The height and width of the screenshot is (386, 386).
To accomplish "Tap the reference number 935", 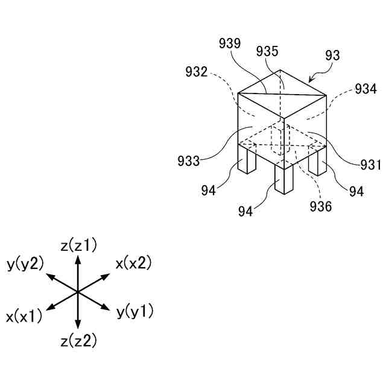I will [267, 51].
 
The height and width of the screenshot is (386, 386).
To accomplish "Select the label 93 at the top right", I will [333, 55].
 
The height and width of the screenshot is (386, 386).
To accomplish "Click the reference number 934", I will [365, 89].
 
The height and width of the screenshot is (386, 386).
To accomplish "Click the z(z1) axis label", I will [78, 245].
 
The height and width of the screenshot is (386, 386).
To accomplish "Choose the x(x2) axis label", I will [133, 263].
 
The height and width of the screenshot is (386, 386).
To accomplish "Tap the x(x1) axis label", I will [24, 316].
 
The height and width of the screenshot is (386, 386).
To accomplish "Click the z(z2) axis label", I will [78, 341].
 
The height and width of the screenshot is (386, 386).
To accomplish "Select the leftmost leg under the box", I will [248, 161].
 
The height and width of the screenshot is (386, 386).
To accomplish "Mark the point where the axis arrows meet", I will [78, 292].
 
